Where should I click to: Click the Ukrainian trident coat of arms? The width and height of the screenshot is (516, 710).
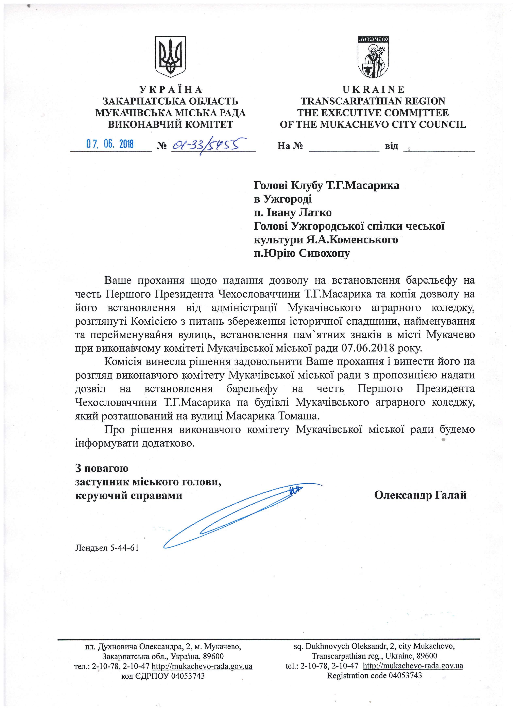pos(171,56)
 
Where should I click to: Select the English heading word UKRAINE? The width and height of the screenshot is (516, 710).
pos(373,89)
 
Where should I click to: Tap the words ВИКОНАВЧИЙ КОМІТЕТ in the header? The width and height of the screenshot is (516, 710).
pos(171,125)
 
